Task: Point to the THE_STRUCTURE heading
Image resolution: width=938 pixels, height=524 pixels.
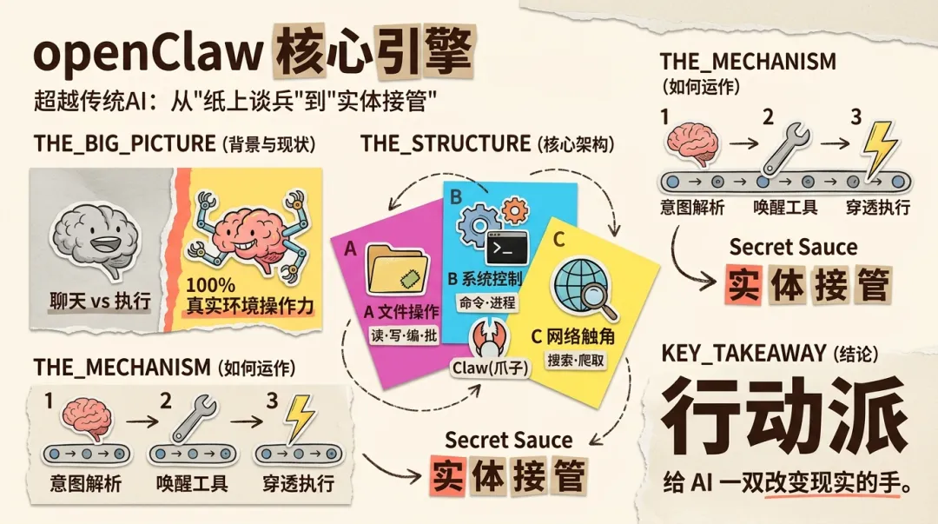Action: click(445, 143)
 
